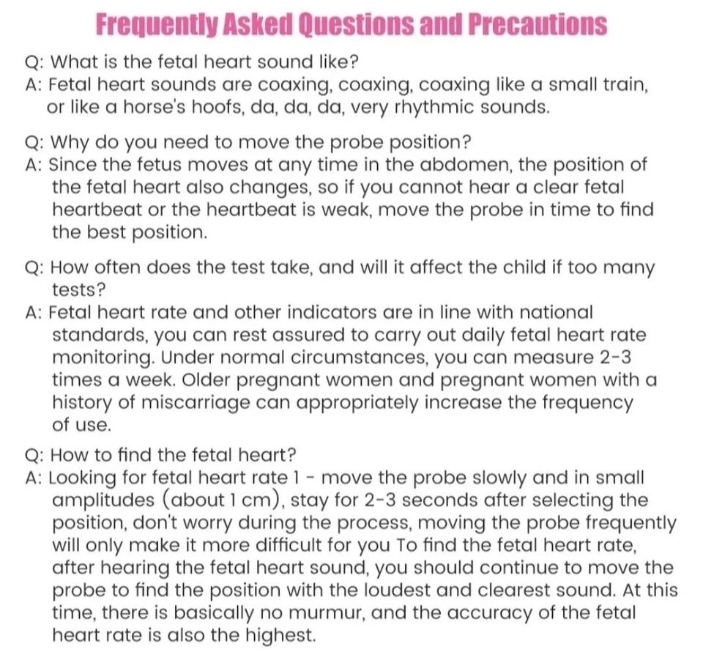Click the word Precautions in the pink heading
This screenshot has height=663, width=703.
point(537,25)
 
